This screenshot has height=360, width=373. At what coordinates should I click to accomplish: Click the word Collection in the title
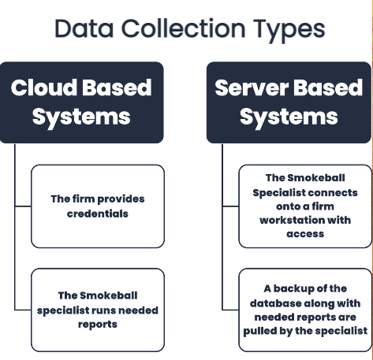tap(183, 28)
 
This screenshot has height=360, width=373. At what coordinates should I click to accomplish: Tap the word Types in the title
tap(289, 30)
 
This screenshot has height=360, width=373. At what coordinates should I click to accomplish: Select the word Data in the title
tap(84, 28)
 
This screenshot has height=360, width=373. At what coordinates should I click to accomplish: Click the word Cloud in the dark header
tap(44, 87)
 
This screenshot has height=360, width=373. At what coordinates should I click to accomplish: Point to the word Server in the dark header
tap(252, 87)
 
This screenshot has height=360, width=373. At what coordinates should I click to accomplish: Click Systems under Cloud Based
tap(81, 117)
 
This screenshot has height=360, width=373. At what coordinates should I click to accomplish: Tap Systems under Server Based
tap(289, 117)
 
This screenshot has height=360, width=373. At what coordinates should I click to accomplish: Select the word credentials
tap(98, 213)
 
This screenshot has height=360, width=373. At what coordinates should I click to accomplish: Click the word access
tap(305, 234)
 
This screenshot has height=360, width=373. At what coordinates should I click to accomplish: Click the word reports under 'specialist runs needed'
tap(98, 325)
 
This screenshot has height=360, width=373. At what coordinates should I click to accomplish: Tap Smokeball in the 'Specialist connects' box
tap(317, 178)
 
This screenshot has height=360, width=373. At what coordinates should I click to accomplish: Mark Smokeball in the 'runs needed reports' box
tap(110, 295)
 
